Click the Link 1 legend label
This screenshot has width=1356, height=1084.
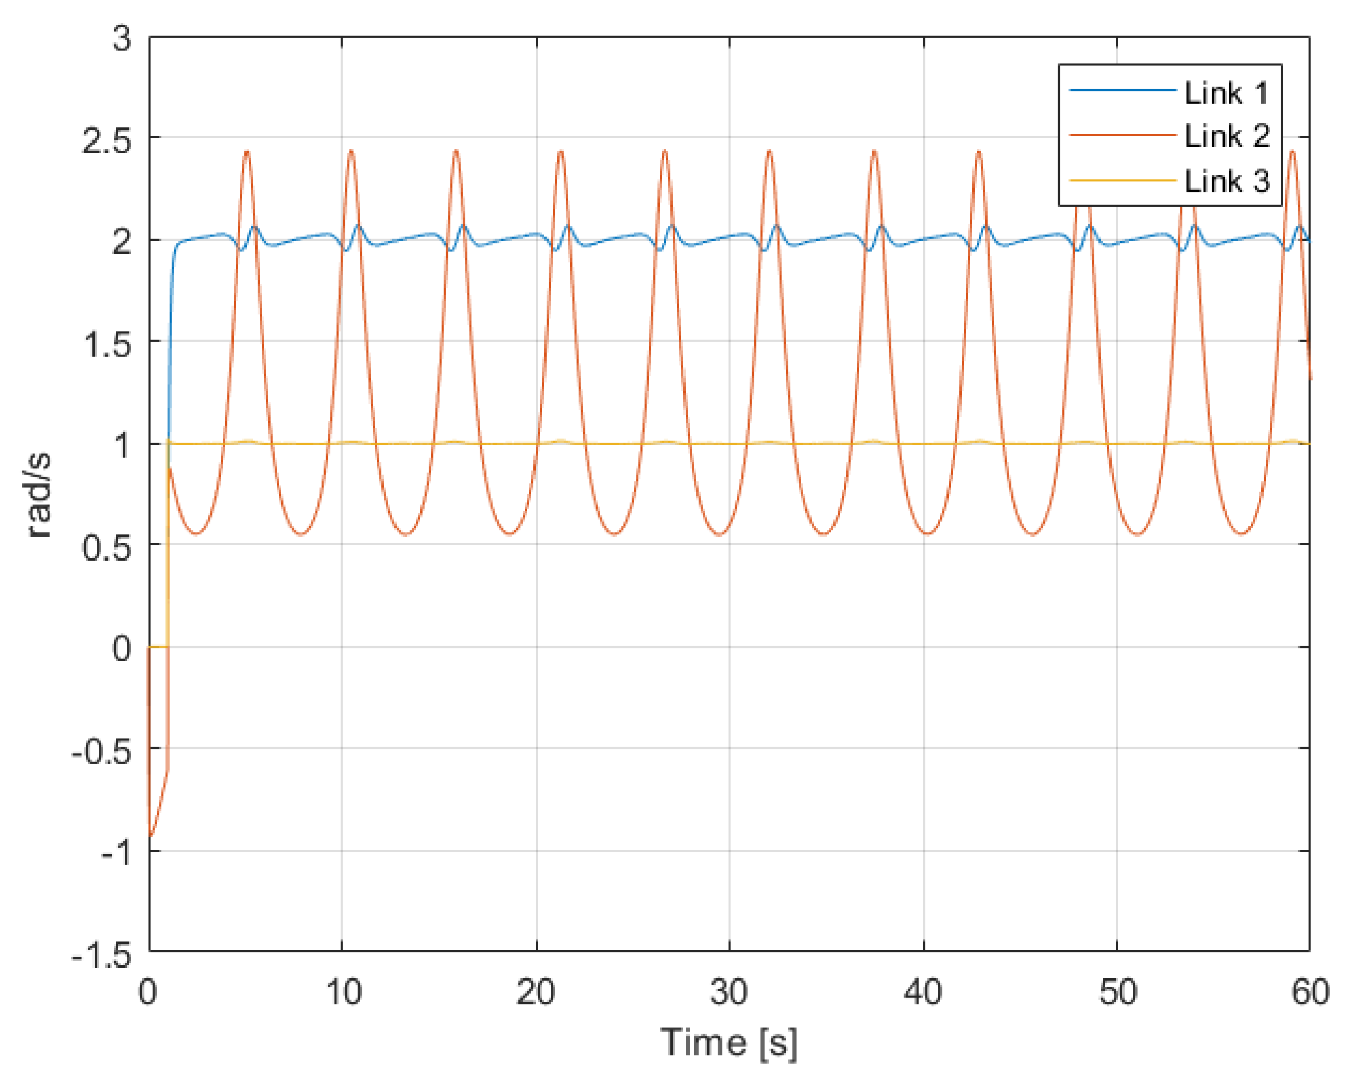(1226, 93)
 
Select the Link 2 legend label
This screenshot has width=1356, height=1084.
(1226, 136)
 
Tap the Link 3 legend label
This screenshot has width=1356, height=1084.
(1226, 181)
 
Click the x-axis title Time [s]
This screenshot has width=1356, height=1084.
(729, 1043)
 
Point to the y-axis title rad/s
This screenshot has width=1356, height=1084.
(39, 495)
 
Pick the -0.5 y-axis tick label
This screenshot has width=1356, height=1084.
(102, 752)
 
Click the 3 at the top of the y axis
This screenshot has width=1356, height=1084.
(122, 38)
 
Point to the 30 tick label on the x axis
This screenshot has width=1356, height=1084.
(729, 991)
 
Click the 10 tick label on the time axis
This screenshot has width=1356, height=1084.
(343, 991)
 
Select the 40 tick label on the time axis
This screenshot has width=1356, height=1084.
(922, 991)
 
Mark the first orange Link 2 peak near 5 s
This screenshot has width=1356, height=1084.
(247, 151)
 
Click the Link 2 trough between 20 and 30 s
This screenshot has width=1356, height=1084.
(614, 534)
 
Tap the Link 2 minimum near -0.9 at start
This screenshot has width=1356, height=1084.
(151, 836)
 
